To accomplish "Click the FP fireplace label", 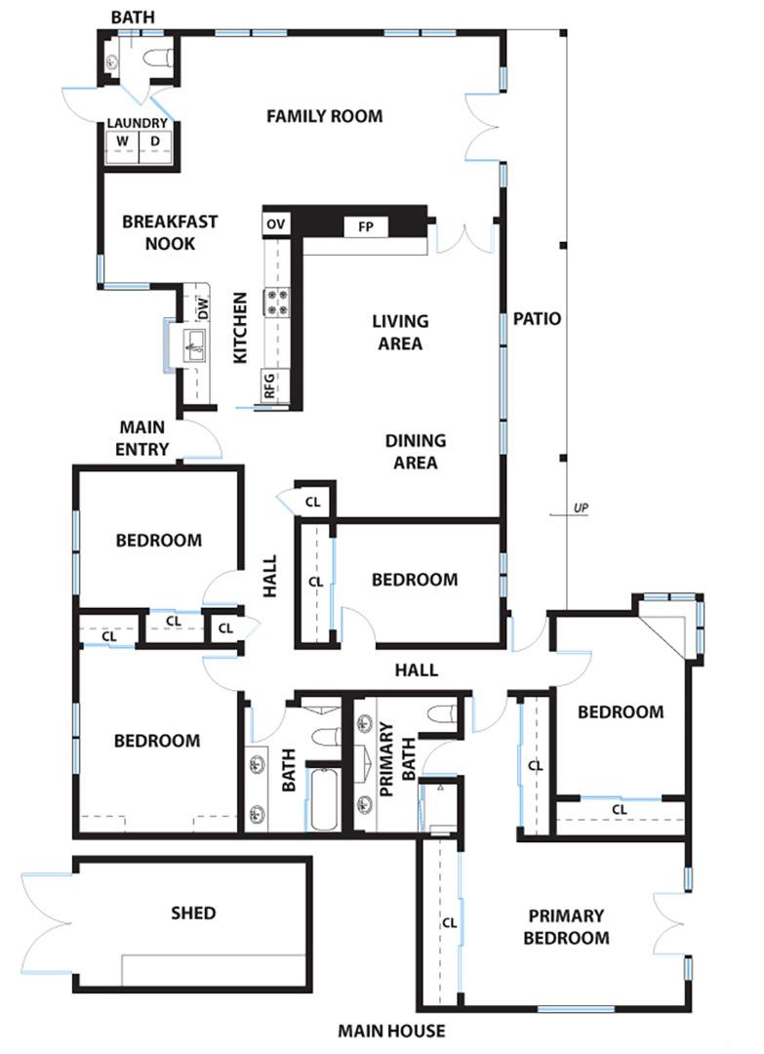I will (366, 226).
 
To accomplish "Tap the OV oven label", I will (276, 224).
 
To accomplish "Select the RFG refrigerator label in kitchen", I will (269, 386).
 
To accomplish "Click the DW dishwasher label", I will (203, 307).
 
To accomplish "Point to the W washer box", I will (122, 142).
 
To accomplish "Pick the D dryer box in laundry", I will (154, 142).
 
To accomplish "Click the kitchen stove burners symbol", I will (277, 303).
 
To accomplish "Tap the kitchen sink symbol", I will (194, 343).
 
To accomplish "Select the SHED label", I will (192, 913).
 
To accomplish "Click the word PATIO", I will (537, 318).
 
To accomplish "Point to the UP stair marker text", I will (582, 507).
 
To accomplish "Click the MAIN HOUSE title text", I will (391, 1031).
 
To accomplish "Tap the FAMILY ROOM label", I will (324, 116).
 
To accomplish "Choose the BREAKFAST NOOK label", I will (170, 232).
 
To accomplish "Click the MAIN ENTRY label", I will (143, 438).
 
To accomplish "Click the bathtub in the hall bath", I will (322, 797).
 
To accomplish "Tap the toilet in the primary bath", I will (442, 713).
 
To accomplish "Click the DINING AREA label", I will (414, 451).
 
